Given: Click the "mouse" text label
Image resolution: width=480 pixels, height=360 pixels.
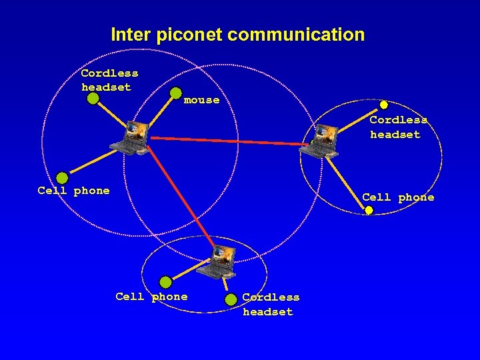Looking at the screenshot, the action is click(201, 100).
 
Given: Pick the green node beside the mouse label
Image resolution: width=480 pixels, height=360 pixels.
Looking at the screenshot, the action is click(176, 93).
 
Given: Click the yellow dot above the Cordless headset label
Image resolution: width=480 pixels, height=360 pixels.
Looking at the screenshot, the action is click(384, 105).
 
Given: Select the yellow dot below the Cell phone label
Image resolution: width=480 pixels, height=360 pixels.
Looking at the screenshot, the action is click(369, 211).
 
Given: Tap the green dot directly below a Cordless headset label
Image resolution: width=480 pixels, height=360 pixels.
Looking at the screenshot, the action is click(93, 99).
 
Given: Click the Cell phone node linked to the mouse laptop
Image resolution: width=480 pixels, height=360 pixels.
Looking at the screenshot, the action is click(62, 178).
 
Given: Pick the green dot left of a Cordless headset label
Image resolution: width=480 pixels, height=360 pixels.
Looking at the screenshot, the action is click(231, 299).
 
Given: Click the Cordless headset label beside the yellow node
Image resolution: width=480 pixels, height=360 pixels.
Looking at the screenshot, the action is click(397, 127).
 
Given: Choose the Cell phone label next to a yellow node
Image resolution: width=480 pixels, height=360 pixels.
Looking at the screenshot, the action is click(397, 197).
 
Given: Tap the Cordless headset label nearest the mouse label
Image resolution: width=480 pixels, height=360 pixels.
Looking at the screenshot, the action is click(109, 80).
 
